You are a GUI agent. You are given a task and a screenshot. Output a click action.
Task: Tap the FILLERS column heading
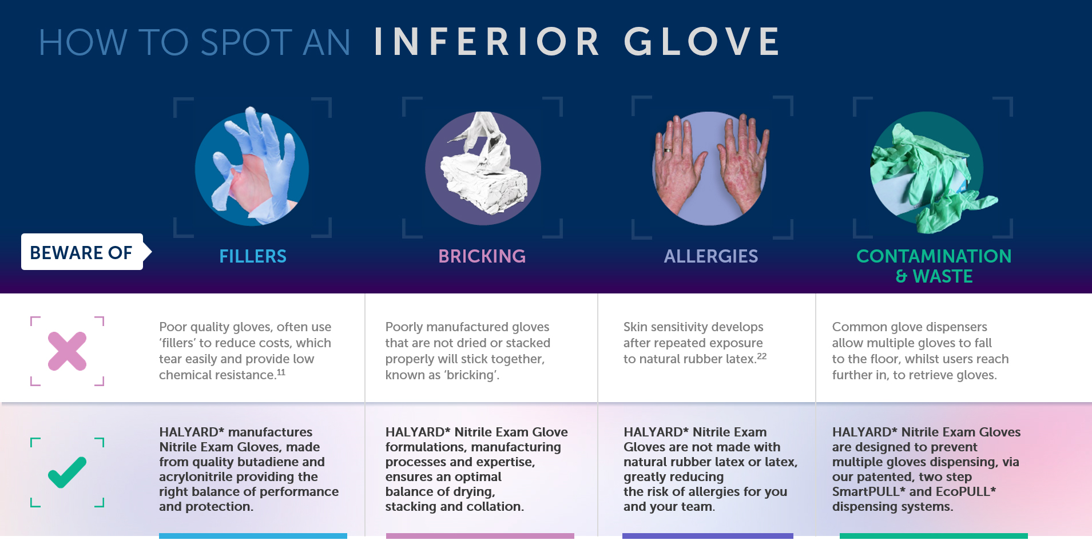tap(253, 256)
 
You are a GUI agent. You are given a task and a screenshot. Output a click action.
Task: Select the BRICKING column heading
tap(482, 256)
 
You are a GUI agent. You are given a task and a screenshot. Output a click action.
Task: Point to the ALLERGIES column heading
tap(710, 256)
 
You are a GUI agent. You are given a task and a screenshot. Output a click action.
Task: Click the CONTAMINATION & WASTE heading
tap(934, 266)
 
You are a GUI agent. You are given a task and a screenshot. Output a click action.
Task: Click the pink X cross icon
tap(67, 351)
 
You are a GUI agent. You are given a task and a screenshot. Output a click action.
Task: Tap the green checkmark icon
tap(67, 472)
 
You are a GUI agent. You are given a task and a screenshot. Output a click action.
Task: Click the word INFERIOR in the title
tap(486, 42)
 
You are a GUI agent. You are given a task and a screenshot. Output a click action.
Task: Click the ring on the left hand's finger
tap(668, 150)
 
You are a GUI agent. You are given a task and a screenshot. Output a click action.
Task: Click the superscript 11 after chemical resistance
tap(281, 372)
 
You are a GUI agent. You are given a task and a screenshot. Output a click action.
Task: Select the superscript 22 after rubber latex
tap(761, 356)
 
